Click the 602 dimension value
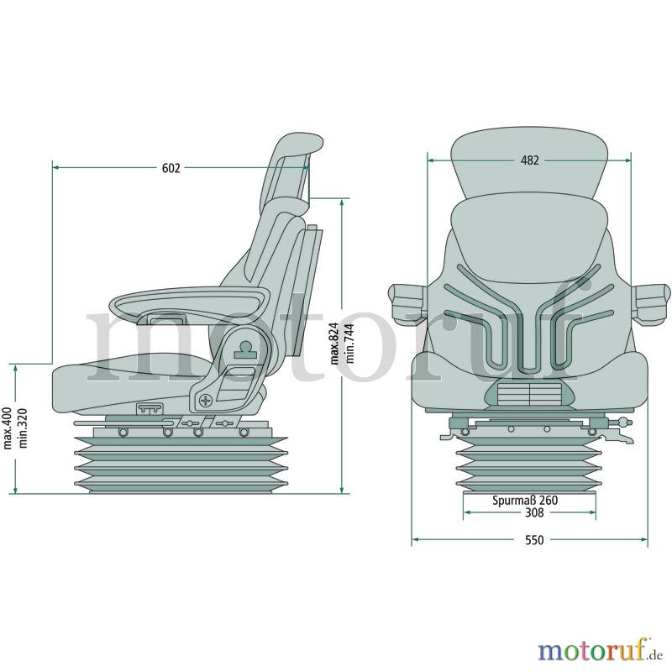[171, 168]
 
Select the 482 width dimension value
[530, 160]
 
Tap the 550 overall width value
[534, 540]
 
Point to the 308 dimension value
[534, 512]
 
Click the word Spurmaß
[514, 500]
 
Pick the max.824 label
[335, 344]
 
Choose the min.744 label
[349, 344]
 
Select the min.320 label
[23, 428]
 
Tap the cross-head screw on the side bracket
[206, 401]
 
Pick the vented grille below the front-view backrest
[529, 394]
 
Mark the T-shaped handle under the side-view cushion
[150, 409]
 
